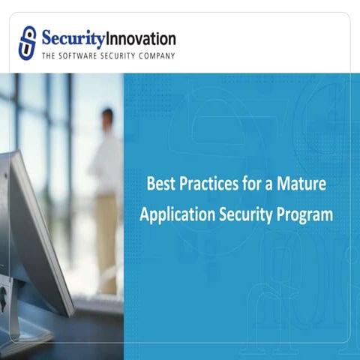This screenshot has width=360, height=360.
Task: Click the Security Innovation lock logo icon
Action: [x=28, y=41]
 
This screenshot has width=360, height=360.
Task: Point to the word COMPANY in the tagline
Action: [x=154, y=56]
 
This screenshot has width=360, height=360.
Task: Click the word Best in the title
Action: [x=160, y=182]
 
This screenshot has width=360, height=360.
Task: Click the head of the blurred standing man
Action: [x=107, y=118]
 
